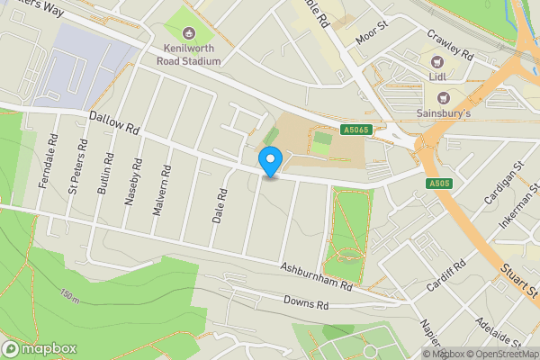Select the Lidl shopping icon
pyautogui.click(x=438, y=62)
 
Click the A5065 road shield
pyautogui.click(x=355, y=130)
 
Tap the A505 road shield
pyautogui.click(x=438, y=184)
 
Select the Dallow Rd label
pyautogui.click(x=115, y=124)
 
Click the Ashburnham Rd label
pyautogui.click(x=314, y=274)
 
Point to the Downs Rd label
pyautogui.click(x=306, y=303)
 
